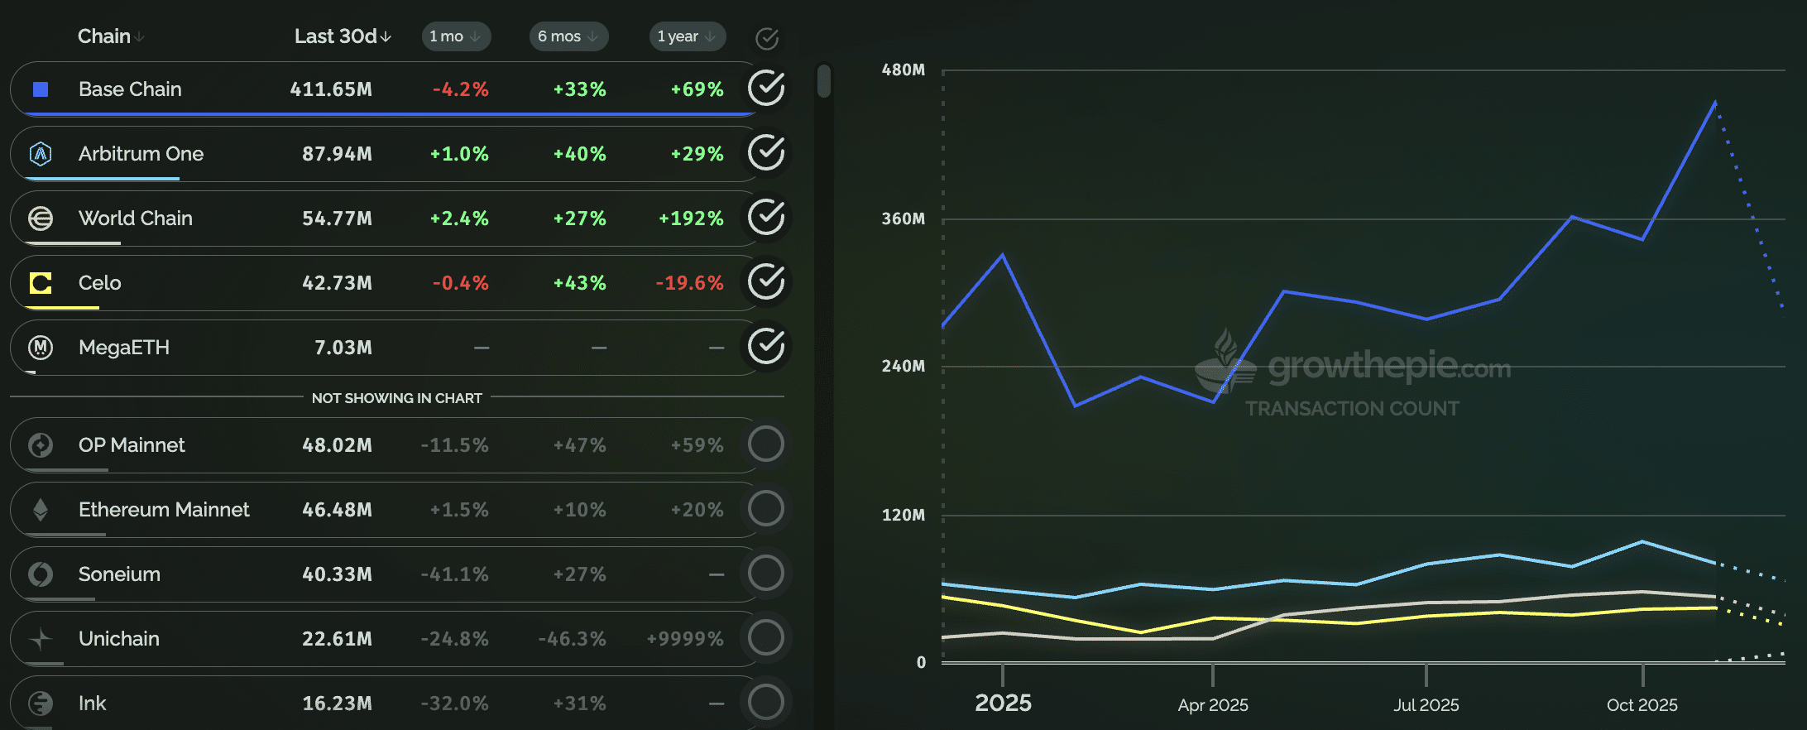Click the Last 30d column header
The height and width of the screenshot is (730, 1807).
pos(342,36)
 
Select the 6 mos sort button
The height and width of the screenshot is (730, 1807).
pos(568,36)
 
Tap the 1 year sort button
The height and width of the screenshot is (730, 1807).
pos(686,36)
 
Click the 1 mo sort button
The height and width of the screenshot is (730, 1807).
pos(455,36)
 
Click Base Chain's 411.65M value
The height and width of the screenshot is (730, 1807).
pos(331,89)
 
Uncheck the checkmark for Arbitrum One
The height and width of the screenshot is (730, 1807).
pos(766,153)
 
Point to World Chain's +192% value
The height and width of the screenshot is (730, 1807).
pos(691,219)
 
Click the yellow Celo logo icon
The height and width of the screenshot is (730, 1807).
pos(41,283)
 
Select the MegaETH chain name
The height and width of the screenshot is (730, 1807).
pos(124,348)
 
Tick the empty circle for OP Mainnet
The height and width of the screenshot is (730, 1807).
pos(766,444)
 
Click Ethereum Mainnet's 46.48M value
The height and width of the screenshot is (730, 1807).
pos(337,510)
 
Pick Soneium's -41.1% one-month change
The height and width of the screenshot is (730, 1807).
pos(454,574)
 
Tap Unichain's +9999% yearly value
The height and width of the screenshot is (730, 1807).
pos(685,639)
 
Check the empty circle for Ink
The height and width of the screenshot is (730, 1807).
pos(766,702)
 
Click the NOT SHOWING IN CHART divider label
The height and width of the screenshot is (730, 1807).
pos(397,398)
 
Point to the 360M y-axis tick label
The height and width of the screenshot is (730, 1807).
pos(903,219)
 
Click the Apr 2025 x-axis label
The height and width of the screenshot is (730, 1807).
pos(1213,705)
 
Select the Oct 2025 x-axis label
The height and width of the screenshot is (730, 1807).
pos(1642,705)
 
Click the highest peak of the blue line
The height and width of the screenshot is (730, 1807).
pos(1715,103)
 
